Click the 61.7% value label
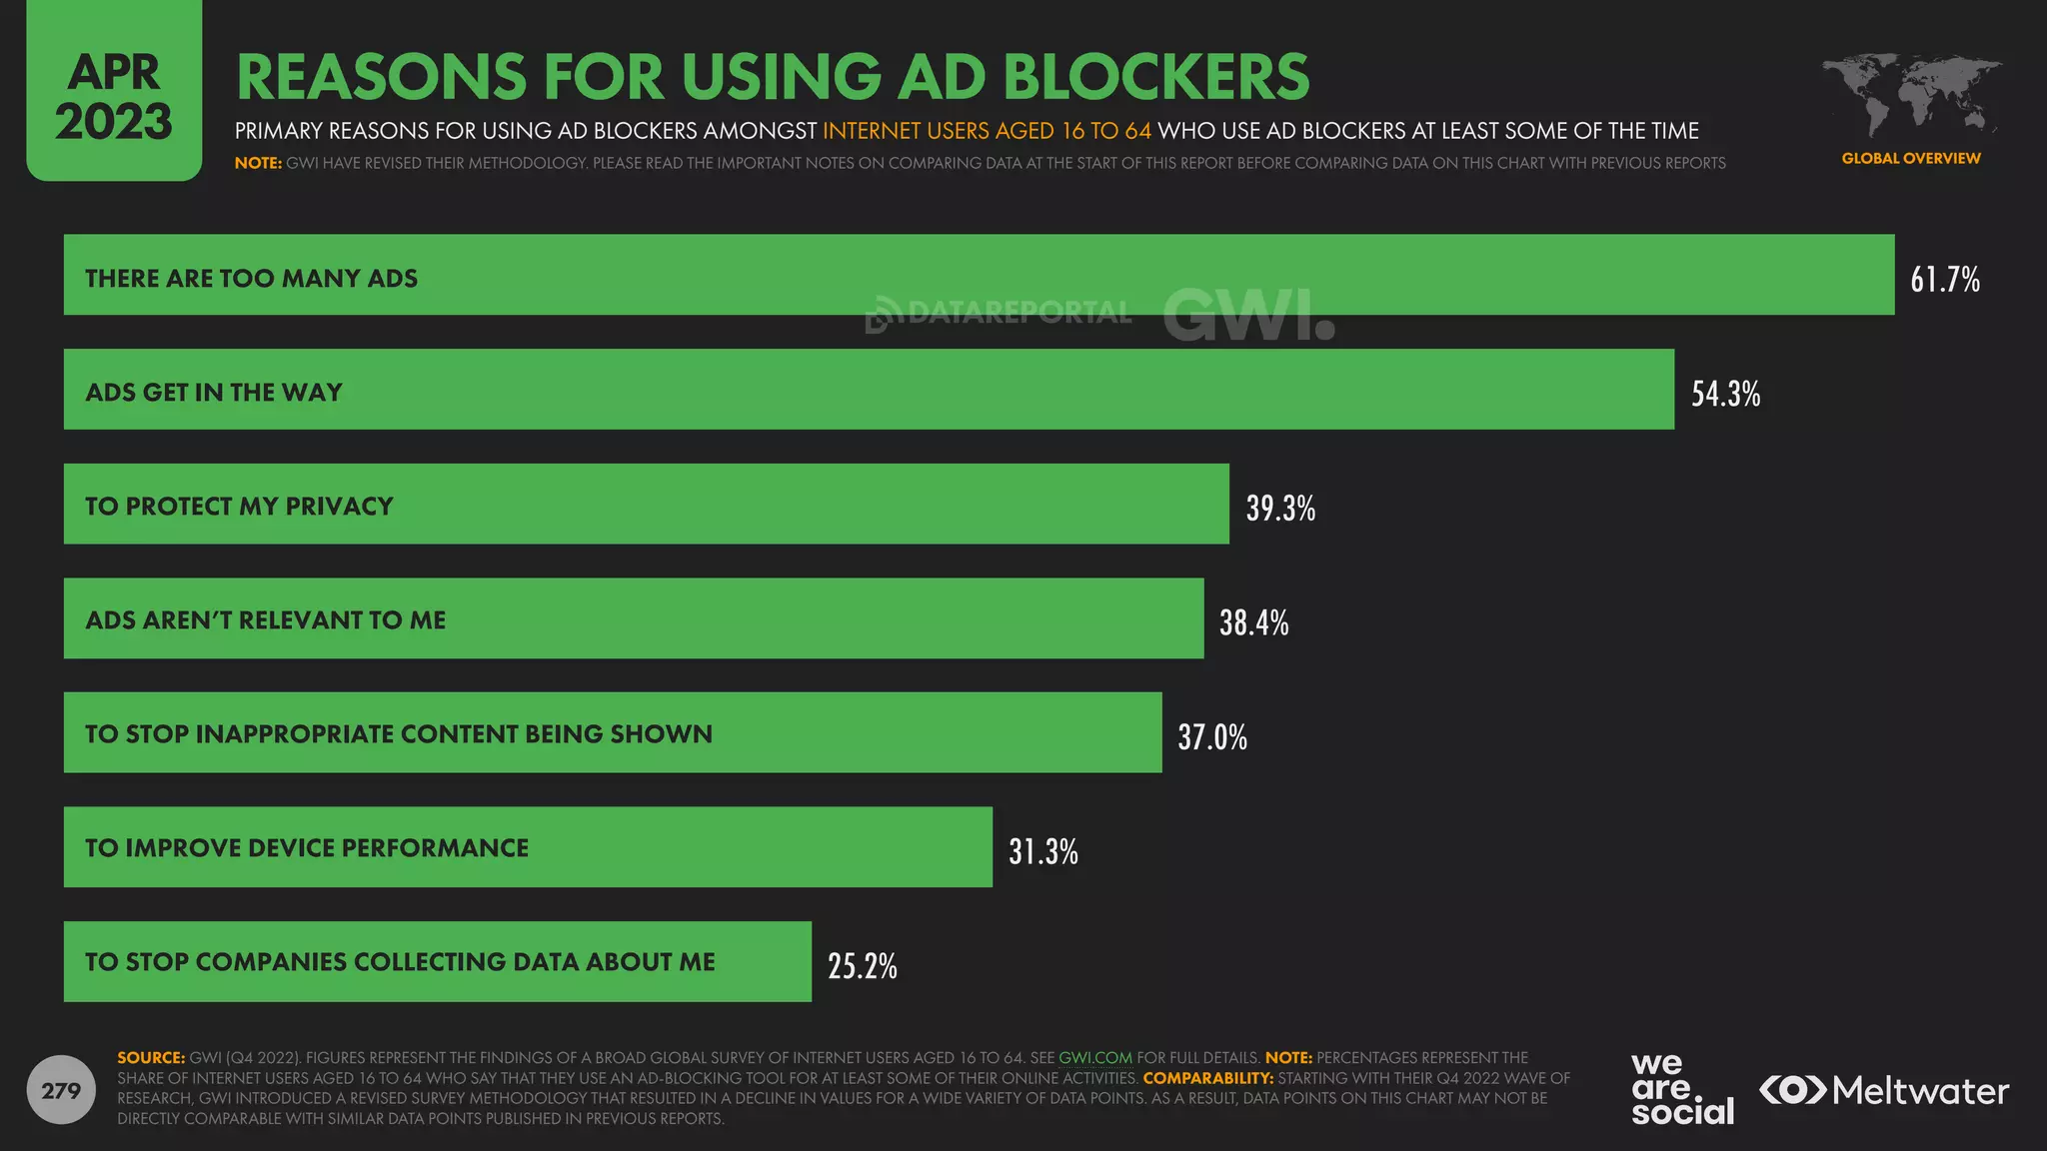point(1944,279)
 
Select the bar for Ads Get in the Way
point(868,390)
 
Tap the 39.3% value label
point(1279,508)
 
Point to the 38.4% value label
point(1253,622)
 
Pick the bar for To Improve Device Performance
point(528,847)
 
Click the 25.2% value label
point(862,965)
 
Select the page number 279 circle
point(61,1090)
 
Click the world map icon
point(1910,96)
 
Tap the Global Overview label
point(1910,158)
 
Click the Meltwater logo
point(1884,1090)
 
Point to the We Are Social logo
point(1681,1089)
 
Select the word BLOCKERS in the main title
point(1155,77)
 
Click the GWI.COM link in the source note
point(1094,1057)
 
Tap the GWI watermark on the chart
point(1247,315)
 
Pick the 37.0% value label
point(1211,737)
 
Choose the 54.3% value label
point(1725,394)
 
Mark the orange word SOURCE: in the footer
point(151,1057)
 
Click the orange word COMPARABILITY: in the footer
point(1207,1078)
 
